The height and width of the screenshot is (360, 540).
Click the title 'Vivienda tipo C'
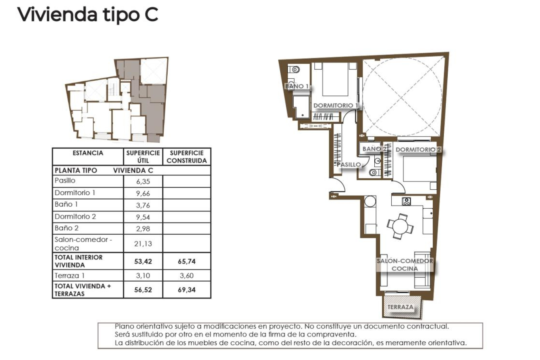pos(88,15)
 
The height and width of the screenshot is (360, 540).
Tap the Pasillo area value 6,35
pos(143,181)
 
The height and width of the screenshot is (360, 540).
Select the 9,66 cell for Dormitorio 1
pos(143,193)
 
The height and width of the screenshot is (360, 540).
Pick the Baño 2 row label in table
pos(67,228)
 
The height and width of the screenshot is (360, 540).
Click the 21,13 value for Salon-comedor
pos(143,244)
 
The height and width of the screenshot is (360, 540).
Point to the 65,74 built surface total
pos(186,261)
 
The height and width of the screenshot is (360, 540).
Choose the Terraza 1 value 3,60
pos(186,276)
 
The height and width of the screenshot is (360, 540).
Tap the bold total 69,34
pos(186,290)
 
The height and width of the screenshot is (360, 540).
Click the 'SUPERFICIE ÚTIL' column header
pos(143,157)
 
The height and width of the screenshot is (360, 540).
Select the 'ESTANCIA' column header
pos(88,153)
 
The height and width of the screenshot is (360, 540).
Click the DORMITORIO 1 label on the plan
pos(335,105)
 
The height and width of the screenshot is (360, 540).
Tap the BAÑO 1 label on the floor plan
pos(297,86)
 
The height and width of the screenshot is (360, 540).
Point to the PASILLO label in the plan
pos(349,165)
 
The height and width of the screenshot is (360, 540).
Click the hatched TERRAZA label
pos(400,307)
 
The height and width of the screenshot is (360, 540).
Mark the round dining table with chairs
pos(400,226)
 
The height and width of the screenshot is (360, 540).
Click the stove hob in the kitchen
pos(406,201)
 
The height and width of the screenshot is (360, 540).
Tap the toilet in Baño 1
pos(294,69)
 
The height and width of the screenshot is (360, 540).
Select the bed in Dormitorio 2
pos(419,169)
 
